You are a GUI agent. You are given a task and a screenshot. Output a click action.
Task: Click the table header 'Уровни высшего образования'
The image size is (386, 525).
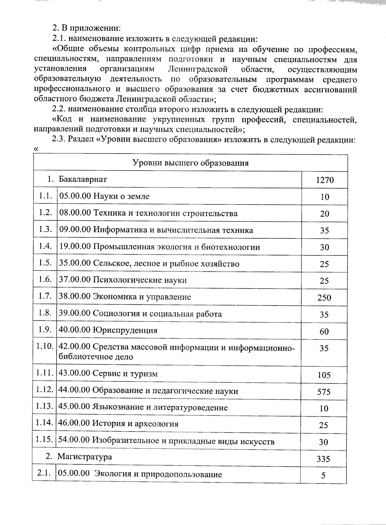[191, 163]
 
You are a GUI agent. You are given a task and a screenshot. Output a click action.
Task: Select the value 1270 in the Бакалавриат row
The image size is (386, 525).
[325, 180]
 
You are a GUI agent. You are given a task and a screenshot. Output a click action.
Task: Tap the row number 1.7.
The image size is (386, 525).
[45, 296]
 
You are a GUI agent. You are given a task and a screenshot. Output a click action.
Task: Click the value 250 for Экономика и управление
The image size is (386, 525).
[324, 298]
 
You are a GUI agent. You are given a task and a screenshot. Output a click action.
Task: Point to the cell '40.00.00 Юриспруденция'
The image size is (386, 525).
[108, 330]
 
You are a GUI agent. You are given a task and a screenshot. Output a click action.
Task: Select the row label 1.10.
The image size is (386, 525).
[45, 347]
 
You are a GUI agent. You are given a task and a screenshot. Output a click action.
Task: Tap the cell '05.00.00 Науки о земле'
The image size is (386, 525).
[104, 196]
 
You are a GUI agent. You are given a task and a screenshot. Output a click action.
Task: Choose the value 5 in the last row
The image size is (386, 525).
[323, 475]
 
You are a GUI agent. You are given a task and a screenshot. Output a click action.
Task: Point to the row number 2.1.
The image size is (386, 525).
[44, 474]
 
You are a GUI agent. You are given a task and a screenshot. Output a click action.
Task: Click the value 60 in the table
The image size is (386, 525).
[324, 331]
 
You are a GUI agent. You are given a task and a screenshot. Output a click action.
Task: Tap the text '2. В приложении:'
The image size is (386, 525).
[87, 28]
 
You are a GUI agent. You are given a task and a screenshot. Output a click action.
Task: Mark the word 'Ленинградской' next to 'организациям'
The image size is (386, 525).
[198, 69]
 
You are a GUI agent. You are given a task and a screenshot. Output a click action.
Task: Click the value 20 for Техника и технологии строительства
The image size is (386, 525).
[324, 214]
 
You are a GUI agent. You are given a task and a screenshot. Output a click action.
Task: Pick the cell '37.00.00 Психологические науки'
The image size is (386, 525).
[123, 280]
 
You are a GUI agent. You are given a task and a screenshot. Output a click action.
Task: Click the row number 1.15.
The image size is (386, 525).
[44, 439]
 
